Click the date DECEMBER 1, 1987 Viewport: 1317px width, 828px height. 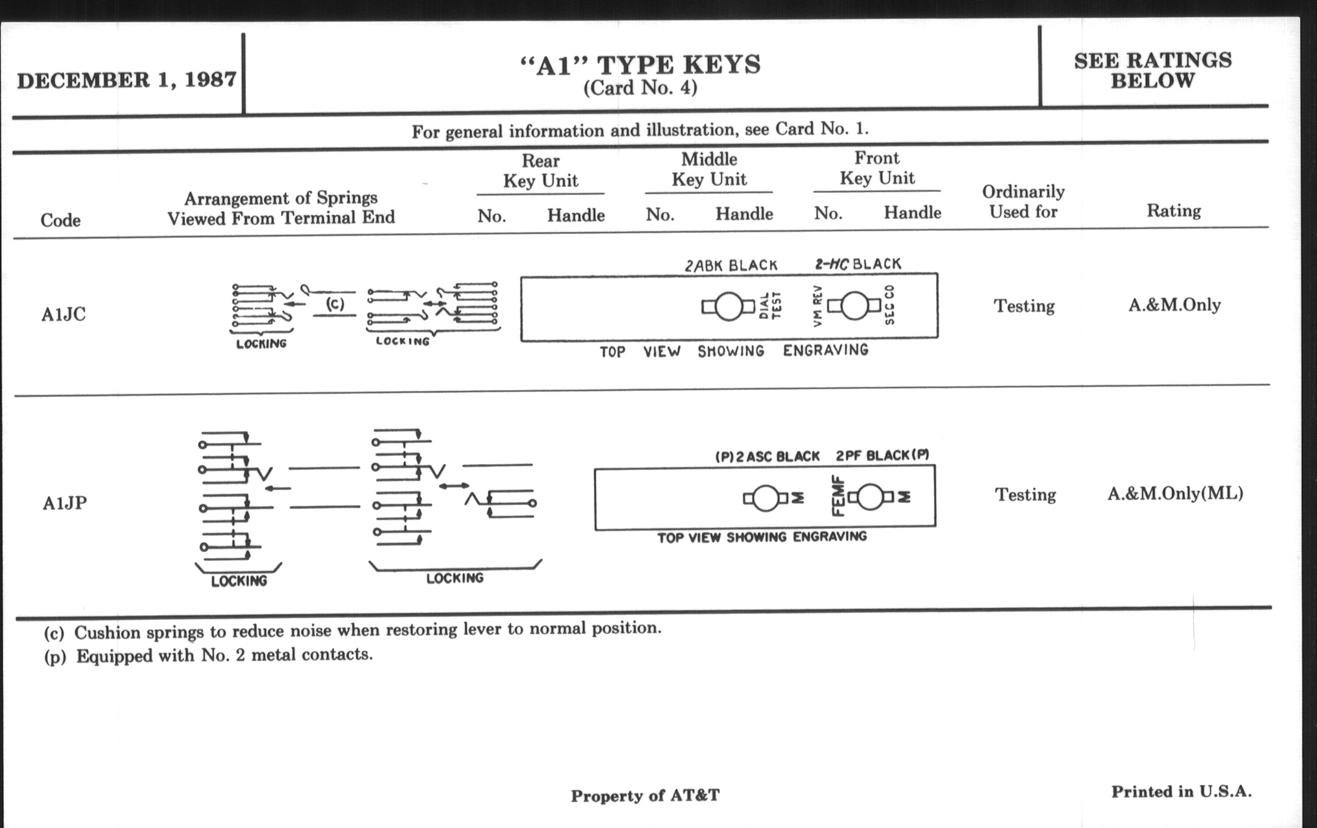(x=126, y=80)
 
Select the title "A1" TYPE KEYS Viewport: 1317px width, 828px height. (x=640, y=65)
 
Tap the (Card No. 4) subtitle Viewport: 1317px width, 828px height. (x=640, y=88)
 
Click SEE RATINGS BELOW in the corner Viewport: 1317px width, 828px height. (x=1153, y=70)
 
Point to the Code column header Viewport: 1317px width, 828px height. (x=60, y=220)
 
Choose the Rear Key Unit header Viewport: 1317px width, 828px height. (x=540, y=170)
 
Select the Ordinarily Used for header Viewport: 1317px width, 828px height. (x=1023, y=202)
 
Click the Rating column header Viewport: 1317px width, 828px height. (x=1173, y=211)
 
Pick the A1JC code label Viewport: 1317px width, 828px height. (x=63, y=314)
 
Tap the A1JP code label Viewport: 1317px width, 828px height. (x=64, y=503)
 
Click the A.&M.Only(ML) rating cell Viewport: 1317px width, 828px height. (x=1175, y=494)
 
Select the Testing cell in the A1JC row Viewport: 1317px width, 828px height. (x=1024, y=306)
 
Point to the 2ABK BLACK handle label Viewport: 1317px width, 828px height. (x=731, y=266)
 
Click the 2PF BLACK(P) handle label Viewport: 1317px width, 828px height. (x=882, y=456)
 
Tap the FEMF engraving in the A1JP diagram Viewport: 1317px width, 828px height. (x=837, y=496)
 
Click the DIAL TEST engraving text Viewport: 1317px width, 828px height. (x=771, y=306)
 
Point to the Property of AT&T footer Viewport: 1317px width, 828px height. (x=646, y=796)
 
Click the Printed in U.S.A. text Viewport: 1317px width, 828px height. (x=1182, y=791)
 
